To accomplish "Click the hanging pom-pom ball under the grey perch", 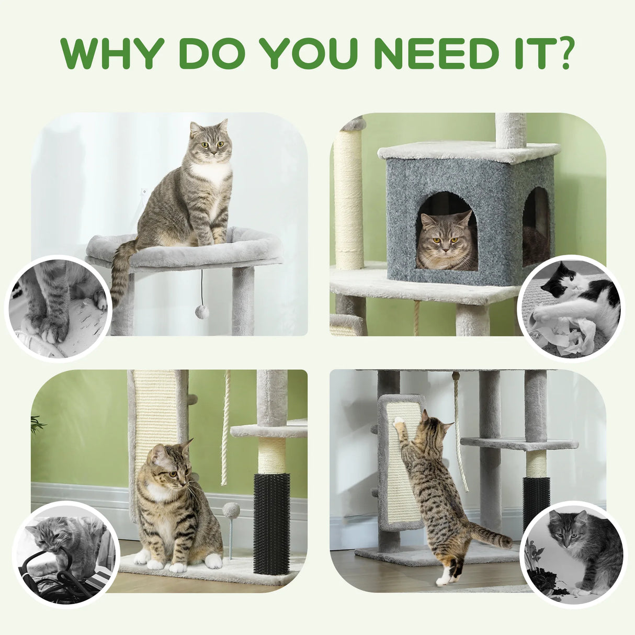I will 202,313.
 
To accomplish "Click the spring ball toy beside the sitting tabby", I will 231,510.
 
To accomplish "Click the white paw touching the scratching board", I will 399,421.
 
